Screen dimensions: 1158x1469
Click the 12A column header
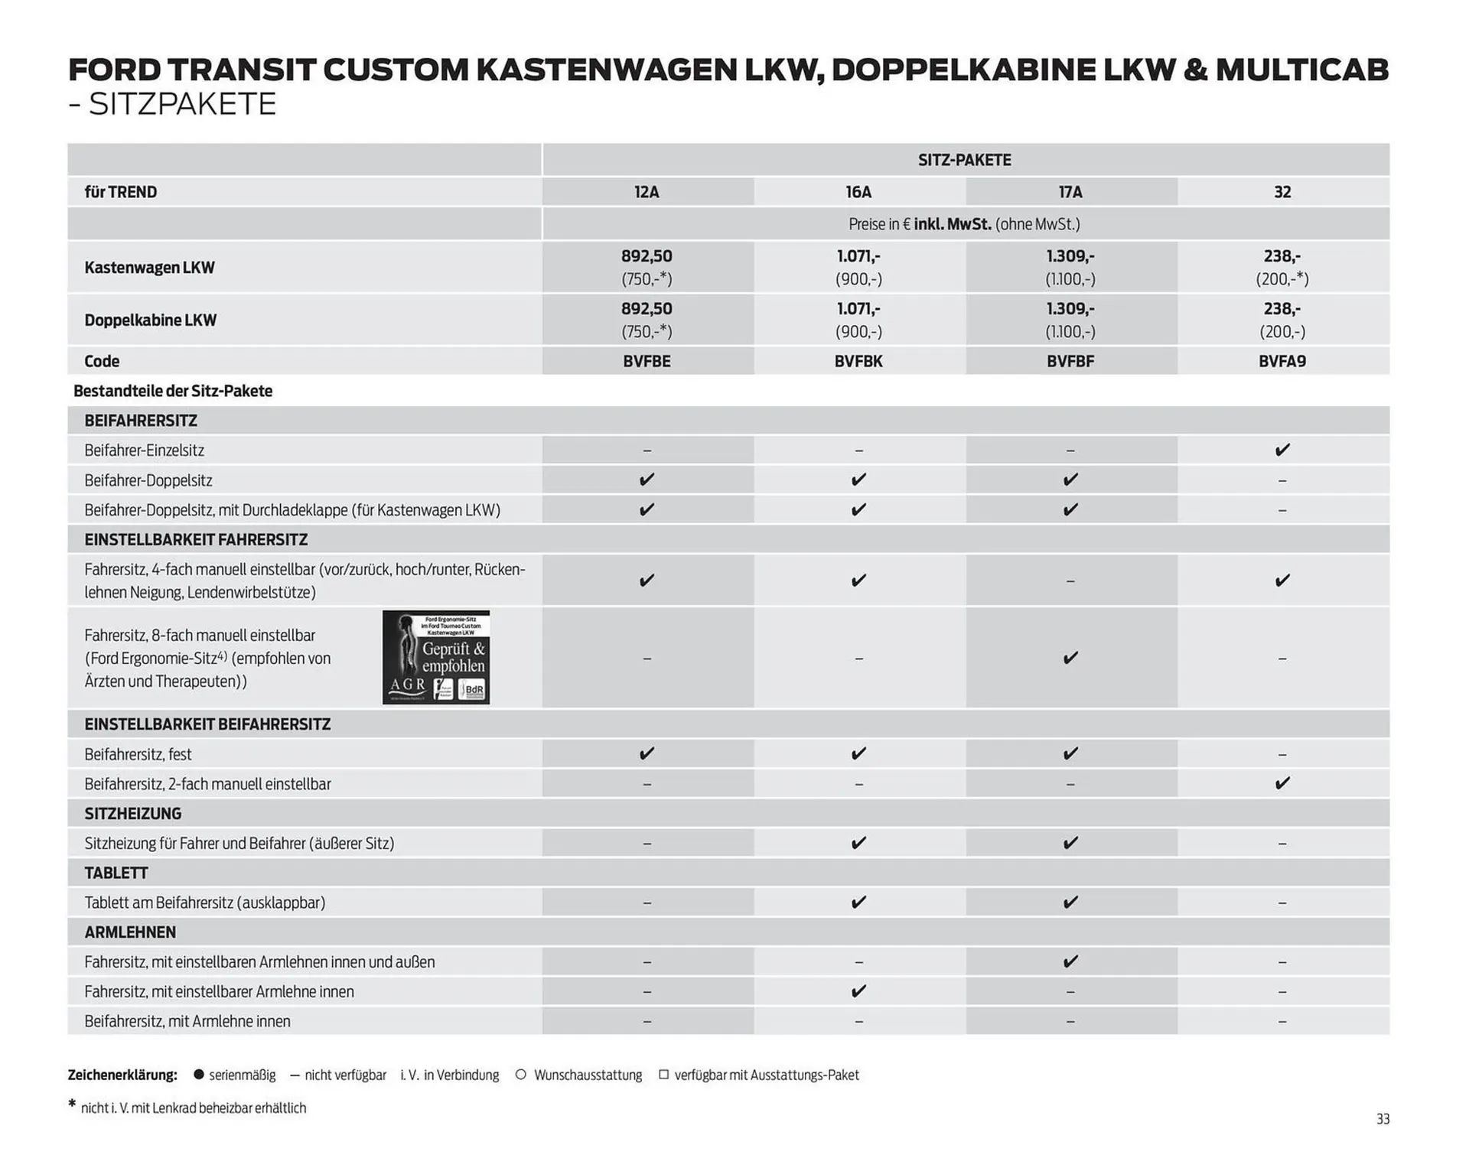pos(647,192)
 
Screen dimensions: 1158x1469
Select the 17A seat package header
pos(1070,192)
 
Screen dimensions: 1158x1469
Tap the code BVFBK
pos(858,361)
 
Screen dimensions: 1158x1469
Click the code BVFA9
pos(1282,361)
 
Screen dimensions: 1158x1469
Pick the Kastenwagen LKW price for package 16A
pos(858,267)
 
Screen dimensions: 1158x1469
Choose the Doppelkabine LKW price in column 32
pos(1282,320)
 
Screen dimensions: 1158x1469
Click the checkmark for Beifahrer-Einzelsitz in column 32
pos(1282,450)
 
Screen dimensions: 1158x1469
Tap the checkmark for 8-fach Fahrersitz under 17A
pos(1070,658)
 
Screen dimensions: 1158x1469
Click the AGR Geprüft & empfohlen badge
pos(436,657)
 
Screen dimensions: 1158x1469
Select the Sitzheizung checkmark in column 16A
pos(858,843)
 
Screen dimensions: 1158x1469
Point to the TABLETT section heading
pos(116,873)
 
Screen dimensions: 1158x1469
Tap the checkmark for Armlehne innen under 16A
pos(858,991)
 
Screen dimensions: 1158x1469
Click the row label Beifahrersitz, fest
pos(138,754)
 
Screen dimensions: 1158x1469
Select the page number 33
pos(1383,1119)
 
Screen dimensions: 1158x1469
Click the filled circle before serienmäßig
pos(199,1075)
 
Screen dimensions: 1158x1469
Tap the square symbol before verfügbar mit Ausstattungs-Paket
pos(663,1075)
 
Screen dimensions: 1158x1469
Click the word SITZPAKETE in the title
pos(182,104)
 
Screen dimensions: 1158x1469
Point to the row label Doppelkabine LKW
pos(150,320)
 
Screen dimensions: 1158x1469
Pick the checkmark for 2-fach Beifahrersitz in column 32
pos(1282,783)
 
